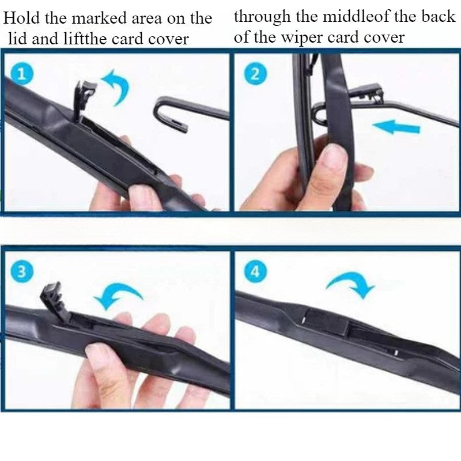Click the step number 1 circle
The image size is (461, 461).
point(21,74)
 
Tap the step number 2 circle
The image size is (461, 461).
point(255,74)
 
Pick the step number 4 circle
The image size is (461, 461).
point(255,271)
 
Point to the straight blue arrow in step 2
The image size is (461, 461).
point(396,127)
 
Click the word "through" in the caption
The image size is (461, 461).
point(262,17)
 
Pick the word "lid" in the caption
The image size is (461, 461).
point(18,39)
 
